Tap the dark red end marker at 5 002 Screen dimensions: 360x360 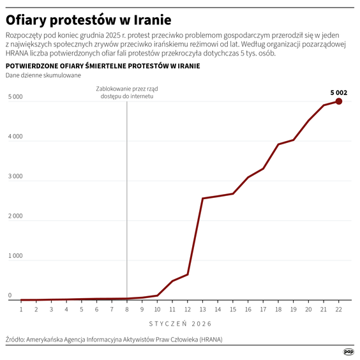click(339, 101)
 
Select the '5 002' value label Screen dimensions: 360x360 click(338, 92)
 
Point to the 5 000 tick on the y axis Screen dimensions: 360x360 click(15, 97)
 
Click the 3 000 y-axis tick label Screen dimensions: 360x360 click(15, 176)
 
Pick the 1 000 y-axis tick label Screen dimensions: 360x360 click(15, 256)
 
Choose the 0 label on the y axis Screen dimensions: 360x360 click(10, 296)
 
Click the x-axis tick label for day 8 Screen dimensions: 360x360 click(126, 310)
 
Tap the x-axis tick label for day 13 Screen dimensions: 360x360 click(202, 310)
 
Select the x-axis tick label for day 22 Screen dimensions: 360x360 click(339, 310)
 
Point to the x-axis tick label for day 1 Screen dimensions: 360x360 click(21, 310)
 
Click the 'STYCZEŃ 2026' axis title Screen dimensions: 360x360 click(180, 324)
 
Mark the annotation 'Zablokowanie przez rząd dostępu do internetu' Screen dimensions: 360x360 click(126, 92)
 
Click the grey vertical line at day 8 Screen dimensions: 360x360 click(126, 191)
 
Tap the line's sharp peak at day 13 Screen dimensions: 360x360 click(202, 199)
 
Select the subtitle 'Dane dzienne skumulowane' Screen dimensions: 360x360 click(43, 76)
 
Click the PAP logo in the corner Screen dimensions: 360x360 click(349, 351)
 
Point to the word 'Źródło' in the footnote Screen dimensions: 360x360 click(15, 339)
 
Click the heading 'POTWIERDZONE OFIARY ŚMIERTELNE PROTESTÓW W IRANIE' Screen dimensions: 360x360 click(103, 66)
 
